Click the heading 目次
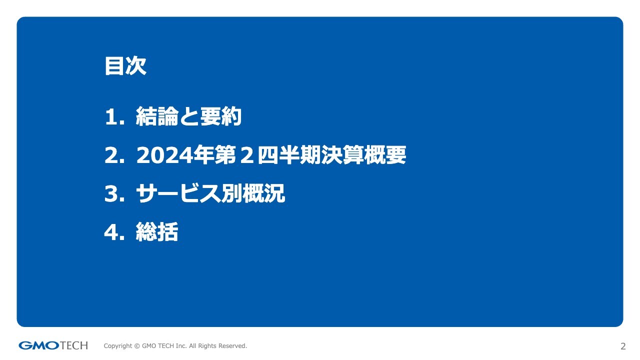click(125, 66)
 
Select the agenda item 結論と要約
click(188, 116)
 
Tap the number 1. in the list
click(115, 117)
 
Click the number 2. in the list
click(115, 155)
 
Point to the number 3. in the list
click(115, 193)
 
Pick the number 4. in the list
click(115, 232)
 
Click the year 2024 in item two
click(164, 155)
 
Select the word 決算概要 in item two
click(363, 155)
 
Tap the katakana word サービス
click(178, 193)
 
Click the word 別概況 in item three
click(253, 193)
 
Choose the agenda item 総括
click(157, 231)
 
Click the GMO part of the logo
click(39, 345)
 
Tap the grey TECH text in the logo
click(74, 345)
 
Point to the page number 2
click(623, 346)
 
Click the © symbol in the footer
click(137, 346)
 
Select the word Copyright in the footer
click(118, 346)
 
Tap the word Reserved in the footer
click(232, 345)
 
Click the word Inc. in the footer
click(181, 345)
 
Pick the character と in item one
click(189, 116)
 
